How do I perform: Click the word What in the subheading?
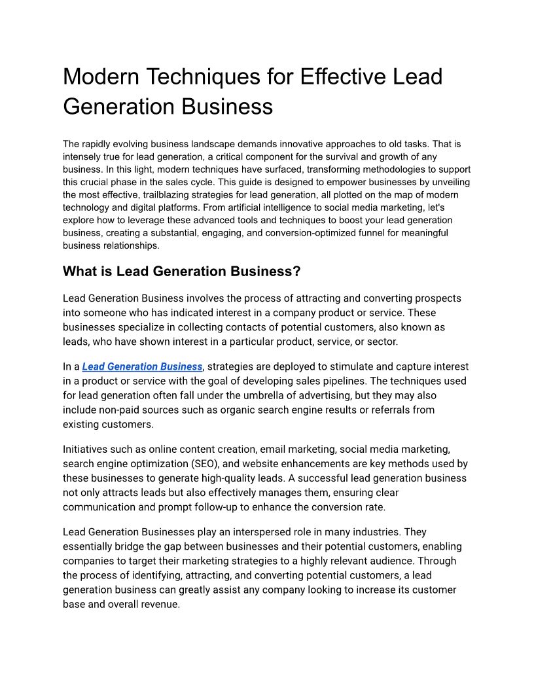pyautogui.click(x=79, y=271)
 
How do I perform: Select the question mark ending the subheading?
pyautogui.click(x=296, y=271)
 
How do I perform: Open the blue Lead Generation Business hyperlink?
pyautogui.click(x=142, y=366)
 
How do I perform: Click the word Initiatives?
pyautogui.click(x=85, y=449)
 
